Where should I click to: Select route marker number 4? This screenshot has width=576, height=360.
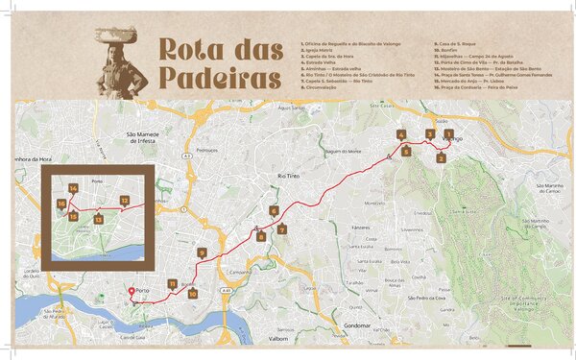pyautogui.click(x=401, y=135)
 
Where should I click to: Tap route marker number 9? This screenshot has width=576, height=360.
pyautogui.click(x=202, y=252)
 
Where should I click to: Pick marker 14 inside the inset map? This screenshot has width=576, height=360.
pyautogui.click(x=73, y=188)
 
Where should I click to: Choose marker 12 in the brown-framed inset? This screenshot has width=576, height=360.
pyautogui.click(x=125, y=201)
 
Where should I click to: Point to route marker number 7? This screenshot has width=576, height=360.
pyautogui.click(x=281, y=229)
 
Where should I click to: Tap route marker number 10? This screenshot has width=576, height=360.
pyautogui.click(x=192, y=295)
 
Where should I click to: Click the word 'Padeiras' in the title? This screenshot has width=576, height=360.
pyautogui.click(x=218, y=78)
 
